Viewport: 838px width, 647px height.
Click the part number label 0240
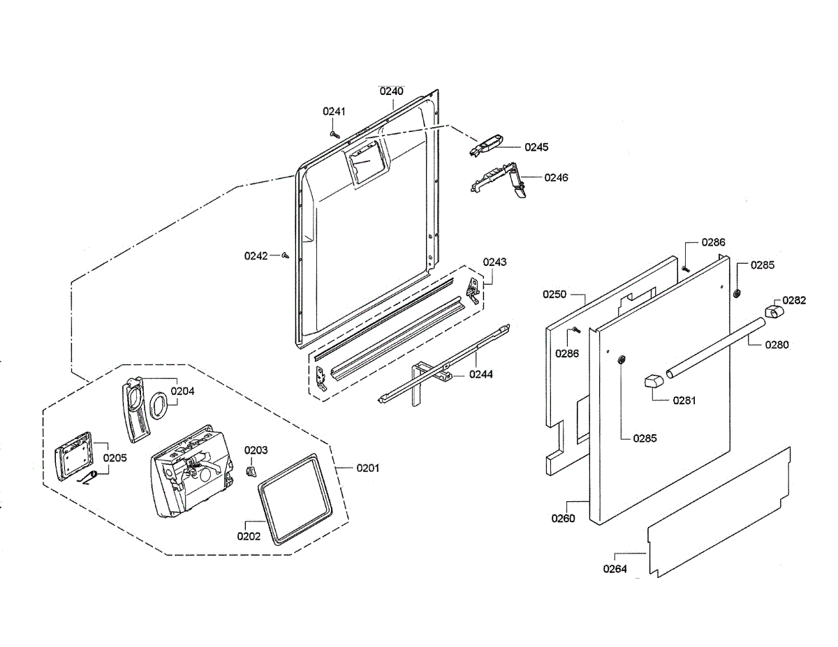click(391, 91)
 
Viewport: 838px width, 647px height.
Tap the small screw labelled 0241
click(335, 131)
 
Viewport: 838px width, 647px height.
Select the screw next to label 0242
click(286, 256)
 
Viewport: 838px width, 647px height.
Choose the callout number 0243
click(495, 262)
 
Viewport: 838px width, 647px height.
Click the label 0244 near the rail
click(481, 375)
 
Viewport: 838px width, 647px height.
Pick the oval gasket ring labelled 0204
click(159, 405)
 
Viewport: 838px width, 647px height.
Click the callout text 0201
click(367, 468)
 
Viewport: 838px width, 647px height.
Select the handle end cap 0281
click(653, 382)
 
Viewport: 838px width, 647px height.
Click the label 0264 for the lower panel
click(615, 569)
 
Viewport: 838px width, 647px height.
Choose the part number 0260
click(563, 519)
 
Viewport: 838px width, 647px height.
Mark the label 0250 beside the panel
click(554, 295)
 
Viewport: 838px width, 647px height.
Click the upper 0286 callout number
click(714, 242)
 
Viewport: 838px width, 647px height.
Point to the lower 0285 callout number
click(645, 438)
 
